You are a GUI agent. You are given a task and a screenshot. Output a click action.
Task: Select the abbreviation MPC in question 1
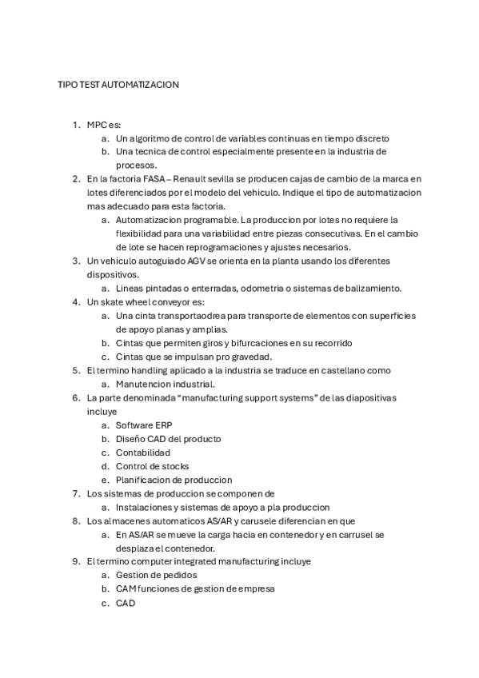[x=96, y=125]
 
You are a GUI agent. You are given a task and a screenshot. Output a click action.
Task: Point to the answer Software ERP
[x=143, y=425]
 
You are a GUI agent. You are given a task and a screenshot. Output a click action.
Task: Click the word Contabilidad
[x=143, y=453]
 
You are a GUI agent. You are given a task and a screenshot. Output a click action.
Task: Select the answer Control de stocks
[x=152, y=466]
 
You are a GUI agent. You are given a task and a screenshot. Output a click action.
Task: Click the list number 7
[x=75, y=493]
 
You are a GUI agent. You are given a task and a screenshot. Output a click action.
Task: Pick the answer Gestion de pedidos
[x=156, y=575]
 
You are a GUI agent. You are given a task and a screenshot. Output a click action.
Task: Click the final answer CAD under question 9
[x=126, y=603]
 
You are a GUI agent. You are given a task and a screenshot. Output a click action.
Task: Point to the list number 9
[x=75, y=561]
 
